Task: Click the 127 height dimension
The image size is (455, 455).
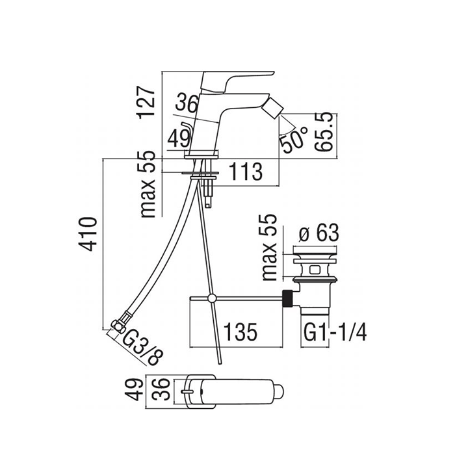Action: click(x=146, y=101)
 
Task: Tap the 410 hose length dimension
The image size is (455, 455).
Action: click(x=87, y=233)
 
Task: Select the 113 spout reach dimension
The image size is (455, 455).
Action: click(x=246, y=171)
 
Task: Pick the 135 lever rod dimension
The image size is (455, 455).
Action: click(x=241, y=331)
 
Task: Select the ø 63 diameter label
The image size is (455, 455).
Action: click(x=318, y=233)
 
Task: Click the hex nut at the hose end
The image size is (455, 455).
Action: click(x=118, y=326)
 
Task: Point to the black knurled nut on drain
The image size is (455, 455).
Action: click(x=287, y=298)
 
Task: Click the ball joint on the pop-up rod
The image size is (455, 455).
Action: click(x=212, y=298)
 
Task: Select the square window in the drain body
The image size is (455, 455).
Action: click(x=315, y=270)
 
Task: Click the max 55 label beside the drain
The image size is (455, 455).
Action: click(x=269, y=247)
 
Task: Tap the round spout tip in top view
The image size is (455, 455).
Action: click(x=278, y=391)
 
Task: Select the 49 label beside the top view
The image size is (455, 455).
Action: click(x=135, y=390)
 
